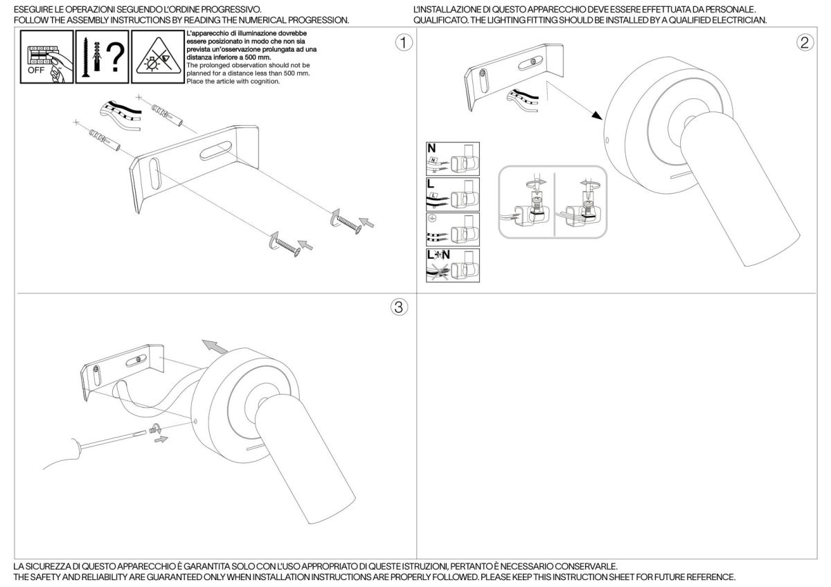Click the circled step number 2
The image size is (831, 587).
pyautogui.click(x=805, y=43)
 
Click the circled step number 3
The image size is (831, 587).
pyautogui.click(x=398, y=307)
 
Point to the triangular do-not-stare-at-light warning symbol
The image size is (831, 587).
pyautogui.click(x=157, y=58)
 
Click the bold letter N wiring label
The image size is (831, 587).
pyautogui.click(x=431, y=147)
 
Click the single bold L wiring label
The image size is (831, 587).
pyautogui.click(x=430, y=183)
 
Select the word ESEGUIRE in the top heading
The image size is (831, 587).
pyautogui.click(x=34, y=10)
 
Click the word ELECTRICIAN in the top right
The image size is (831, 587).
pyautogui.click(x=741, y=20)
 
